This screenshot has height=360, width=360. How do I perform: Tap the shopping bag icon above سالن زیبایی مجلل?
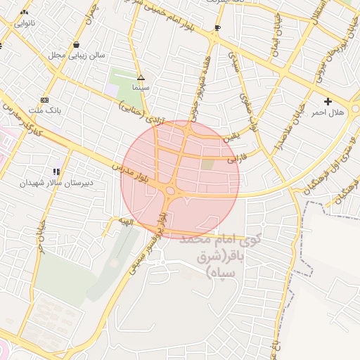click(x=76, y=45)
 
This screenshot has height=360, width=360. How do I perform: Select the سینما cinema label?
click(x=141, y=88)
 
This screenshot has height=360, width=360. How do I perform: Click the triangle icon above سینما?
click(x=141, y=77)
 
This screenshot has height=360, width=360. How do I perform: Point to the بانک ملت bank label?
click(x=49, y=110)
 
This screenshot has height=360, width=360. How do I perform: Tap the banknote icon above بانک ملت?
click(x=45, y=100)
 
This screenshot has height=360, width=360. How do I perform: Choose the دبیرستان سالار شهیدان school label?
click(x=56, y=182)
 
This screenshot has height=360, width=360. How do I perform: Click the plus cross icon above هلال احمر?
click(x=328, y=102)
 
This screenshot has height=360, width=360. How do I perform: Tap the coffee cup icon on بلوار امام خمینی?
click(x=217, y=28)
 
